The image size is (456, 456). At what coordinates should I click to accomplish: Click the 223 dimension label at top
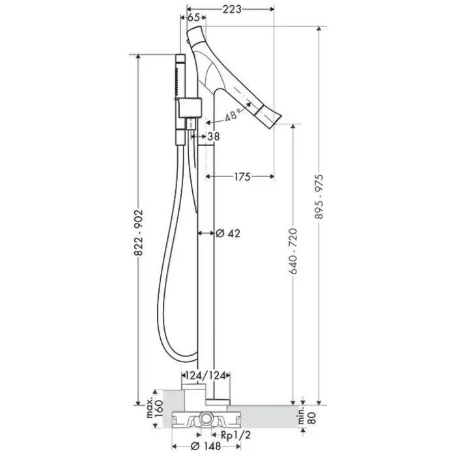pyautogui.click(x=232, y=9)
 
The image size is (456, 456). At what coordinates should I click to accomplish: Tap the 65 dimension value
pyautogui.click(x=193, y=18)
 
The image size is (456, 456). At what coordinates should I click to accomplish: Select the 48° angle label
pyautogui.click(x=233, y=115)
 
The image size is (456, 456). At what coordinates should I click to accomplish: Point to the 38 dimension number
pyautogui.click(x=214, y=136)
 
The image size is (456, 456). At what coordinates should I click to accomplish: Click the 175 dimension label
pyautogui.click(x=242, y=177)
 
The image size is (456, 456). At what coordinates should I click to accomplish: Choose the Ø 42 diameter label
pyautogui.click(x=228, y=233)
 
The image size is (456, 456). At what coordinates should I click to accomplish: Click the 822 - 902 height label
pyautogui.click(x=139, y=233)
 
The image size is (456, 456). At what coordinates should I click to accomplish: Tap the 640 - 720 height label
pyautogui.click(x=293, y=251)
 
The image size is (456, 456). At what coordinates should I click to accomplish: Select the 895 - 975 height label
pyautogui.click(x=319, y=197)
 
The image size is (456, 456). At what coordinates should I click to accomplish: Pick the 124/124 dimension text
pyautogui.click(x=206, y=376)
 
